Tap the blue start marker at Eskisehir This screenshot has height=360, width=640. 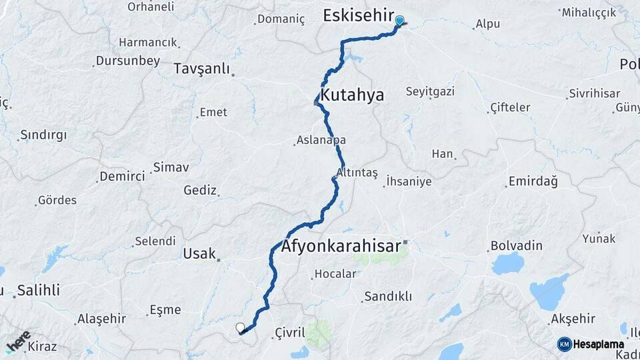[399, 21]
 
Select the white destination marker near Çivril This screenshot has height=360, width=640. [240, 327]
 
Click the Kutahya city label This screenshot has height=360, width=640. [352, 95]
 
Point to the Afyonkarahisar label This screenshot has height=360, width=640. [342, 245]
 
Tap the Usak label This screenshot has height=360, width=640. [199, 253]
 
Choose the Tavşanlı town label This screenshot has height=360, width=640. [201, 69]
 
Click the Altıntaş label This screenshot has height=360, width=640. [357, 173]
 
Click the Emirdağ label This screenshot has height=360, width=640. [533, 181]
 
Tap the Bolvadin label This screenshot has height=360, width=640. [517, 245]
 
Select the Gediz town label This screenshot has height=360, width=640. [200, 191]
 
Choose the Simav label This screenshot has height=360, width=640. [171, 167]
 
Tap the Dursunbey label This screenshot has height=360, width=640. [128, 61]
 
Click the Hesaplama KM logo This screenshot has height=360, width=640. [591, 344]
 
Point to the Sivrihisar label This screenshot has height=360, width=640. [595, 94]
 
